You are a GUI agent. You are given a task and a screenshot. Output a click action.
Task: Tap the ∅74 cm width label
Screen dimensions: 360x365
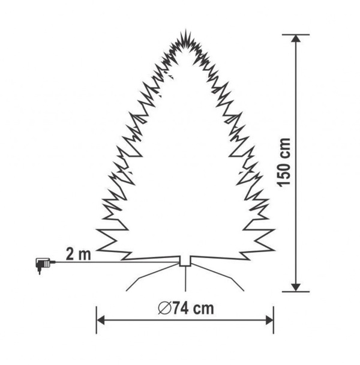186,308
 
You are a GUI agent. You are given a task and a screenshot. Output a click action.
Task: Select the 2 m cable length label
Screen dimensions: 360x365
78,254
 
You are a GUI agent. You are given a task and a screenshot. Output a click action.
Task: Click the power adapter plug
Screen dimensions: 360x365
44,265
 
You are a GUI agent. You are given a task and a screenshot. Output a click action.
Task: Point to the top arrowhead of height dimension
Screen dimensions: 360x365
296,38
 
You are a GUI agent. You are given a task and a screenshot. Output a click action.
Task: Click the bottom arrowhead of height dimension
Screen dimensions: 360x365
296,288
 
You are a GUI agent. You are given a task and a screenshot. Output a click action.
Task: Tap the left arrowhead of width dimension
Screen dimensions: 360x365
101,321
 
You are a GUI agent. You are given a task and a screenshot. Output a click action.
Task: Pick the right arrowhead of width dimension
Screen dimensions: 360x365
269,321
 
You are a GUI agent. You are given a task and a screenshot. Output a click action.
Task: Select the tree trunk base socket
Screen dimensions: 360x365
185,261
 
